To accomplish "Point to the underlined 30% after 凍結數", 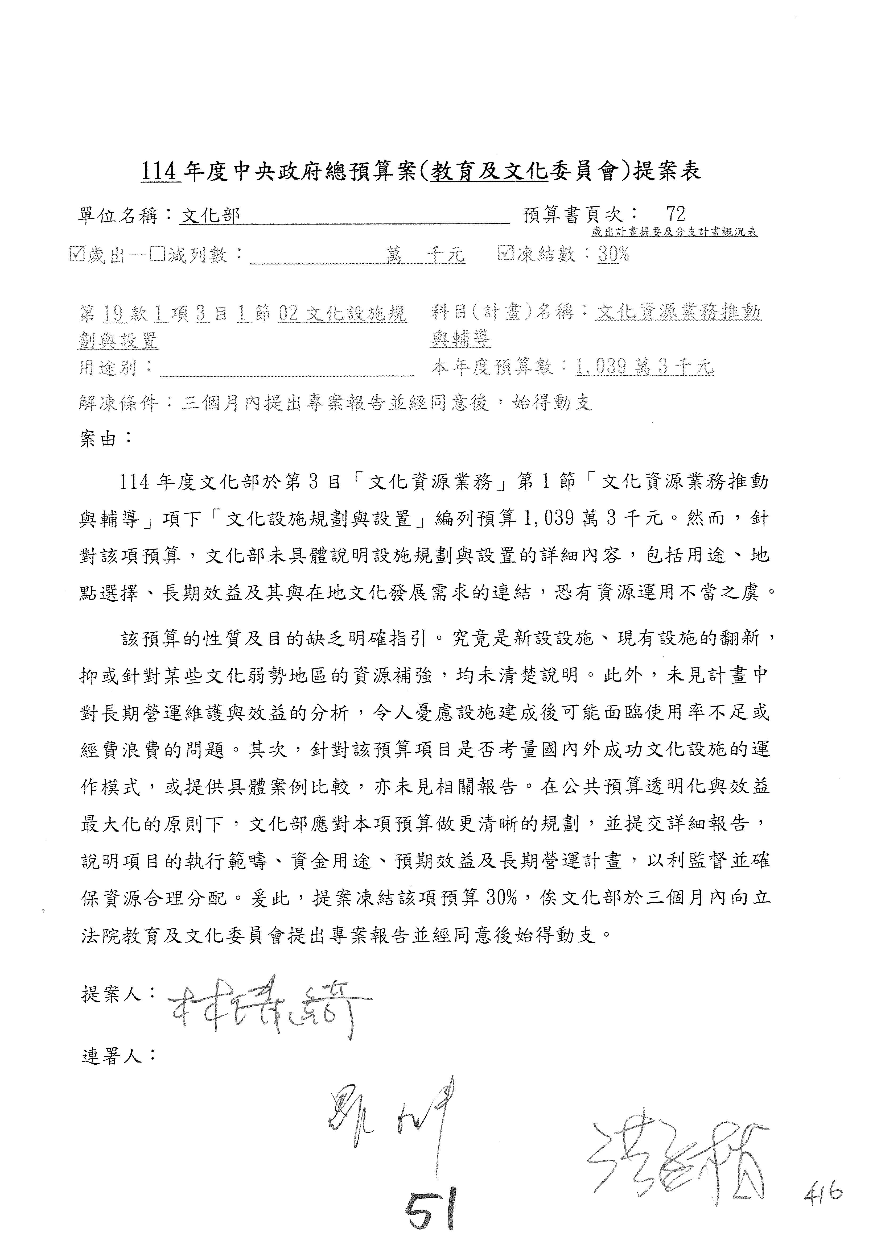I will (x=614, y=254).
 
